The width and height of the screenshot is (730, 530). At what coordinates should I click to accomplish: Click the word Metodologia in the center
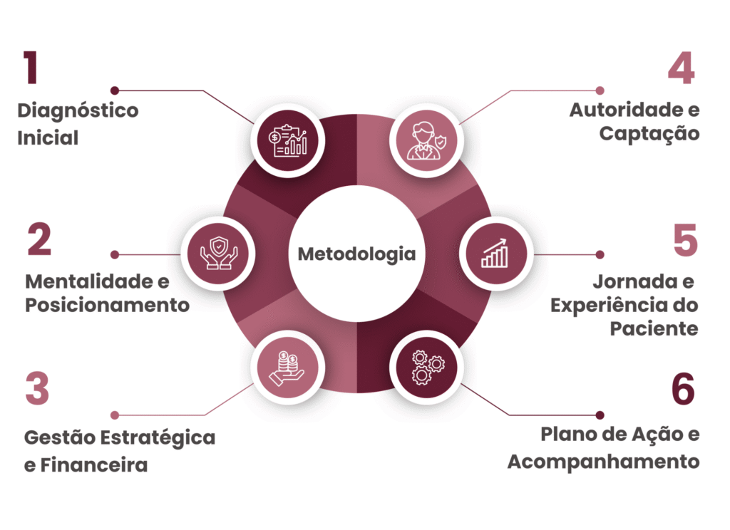point(356,254)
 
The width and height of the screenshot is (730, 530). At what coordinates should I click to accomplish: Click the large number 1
point(31,68)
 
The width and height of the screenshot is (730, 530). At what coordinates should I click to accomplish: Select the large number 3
point(37,388)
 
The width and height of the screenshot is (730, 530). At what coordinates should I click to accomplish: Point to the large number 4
point(681,68)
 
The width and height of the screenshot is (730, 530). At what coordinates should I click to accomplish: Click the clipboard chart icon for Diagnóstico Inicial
point(288,140)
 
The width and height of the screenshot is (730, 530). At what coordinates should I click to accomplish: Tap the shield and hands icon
point(218,254)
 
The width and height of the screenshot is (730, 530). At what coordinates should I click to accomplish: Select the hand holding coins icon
point(287,368)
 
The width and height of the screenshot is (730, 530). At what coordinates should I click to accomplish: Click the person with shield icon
point(426,140)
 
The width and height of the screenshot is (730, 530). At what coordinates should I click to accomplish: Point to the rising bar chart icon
point(495,253)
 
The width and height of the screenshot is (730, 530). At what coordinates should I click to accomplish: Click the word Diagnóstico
point(78,111)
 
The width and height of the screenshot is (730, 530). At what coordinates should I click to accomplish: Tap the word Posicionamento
point(107,306)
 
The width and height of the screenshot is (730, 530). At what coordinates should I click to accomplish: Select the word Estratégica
point(158,438)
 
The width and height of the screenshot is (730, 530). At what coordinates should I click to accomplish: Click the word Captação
point(649,134)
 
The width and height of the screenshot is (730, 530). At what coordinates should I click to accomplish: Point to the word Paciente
point(654,328)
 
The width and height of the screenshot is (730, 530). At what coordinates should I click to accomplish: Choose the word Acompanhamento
point(603,462)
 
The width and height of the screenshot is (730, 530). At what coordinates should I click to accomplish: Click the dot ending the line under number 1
point(115,90)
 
